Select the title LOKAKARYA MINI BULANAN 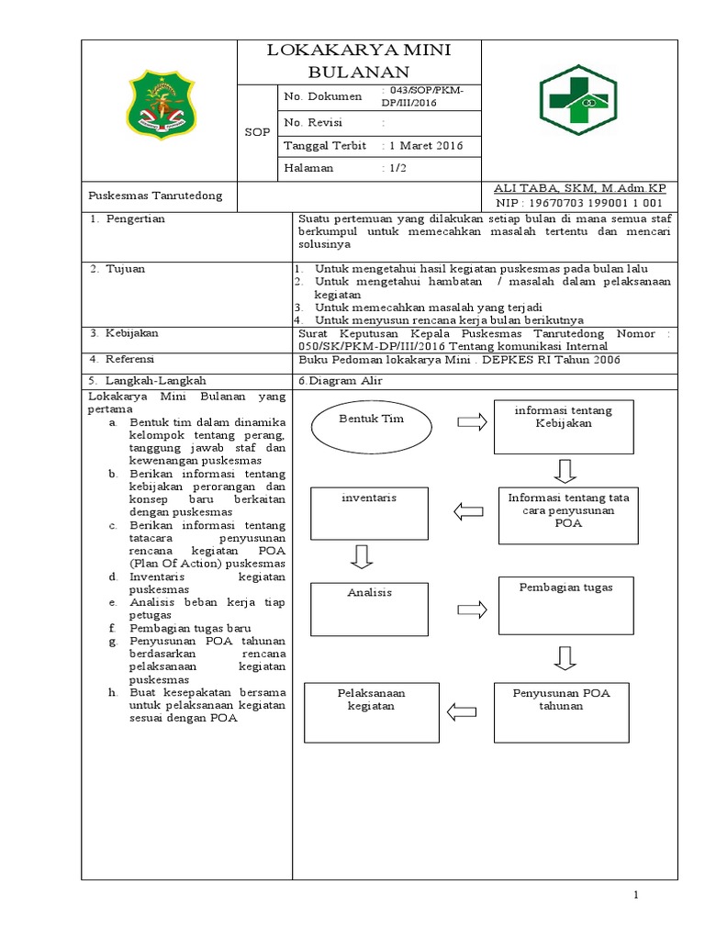(x=359, y=62)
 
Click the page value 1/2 (x=396, y=169)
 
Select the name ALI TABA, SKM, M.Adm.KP (x=579, y=188)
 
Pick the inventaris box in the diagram (x=368, y=512)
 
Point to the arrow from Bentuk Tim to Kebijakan (x=472, y=421)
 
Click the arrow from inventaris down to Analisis (x=362, y=556)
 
